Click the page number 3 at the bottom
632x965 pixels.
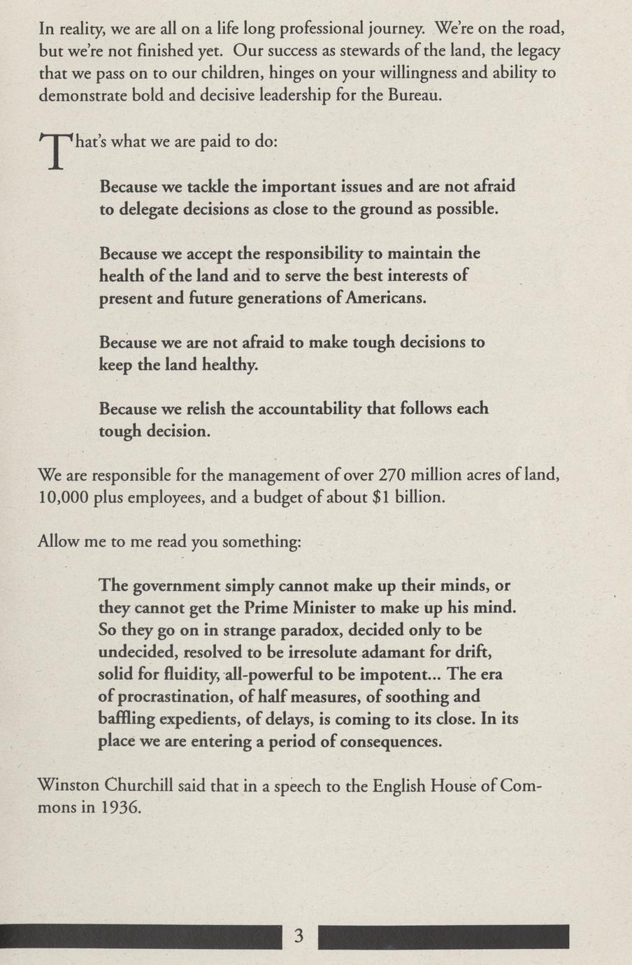[x=299, y=936]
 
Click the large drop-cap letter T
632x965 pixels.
[x=55, y=151]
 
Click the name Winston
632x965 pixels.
[x=69, y=785]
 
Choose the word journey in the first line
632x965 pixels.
[x=395, y=29]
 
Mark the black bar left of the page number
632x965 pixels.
[x=140, y=937]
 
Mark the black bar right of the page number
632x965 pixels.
[x=443, y=937]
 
